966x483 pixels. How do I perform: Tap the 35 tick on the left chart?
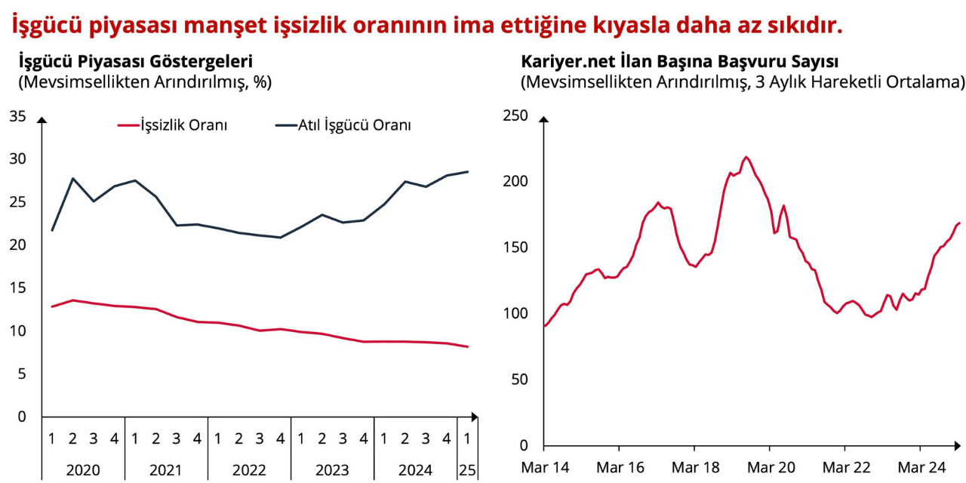point(17,115)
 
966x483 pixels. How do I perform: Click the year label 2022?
point(249,470)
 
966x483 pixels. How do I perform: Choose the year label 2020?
point(83,470)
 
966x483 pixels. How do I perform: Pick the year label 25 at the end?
point(467,470)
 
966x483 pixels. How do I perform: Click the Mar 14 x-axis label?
point(545,467)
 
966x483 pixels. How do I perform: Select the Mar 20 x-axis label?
point(771,467)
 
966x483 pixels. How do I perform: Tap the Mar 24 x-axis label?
point(921,467)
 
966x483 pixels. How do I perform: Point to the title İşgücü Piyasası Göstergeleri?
point(135,62)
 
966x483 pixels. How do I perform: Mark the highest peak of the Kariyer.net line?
point(746,157)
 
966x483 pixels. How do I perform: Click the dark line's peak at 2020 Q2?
point(73,178)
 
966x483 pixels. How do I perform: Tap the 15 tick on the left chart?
point(17,288)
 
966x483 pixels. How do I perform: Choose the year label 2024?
point(415,470)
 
